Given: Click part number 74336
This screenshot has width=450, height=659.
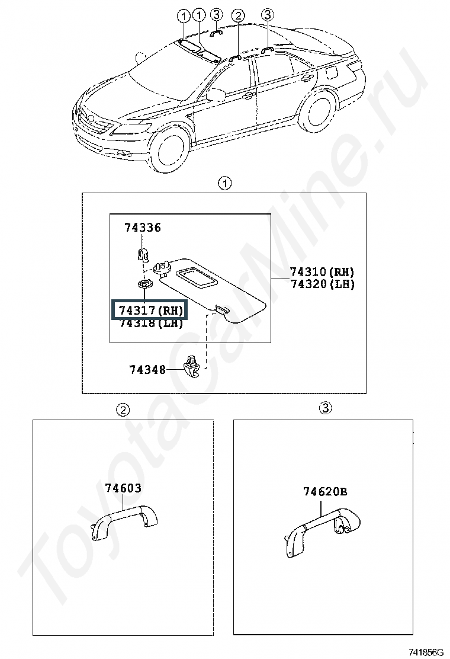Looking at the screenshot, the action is [142, 228].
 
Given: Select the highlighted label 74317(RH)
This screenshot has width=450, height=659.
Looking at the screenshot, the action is [149, 311].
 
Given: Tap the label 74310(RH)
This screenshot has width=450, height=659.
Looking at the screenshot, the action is [322, 271].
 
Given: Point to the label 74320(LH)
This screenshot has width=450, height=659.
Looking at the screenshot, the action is [322, 284].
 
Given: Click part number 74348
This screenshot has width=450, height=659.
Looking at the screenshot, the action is [147, 370].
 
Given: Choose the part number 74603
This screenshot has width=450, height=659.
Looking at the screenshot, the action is [123, 488].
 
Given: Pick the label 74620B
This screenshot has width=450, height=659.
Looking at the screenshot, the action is [325, 491].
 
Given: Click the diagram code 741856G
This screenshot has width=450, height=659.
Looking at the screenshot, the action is [426, 652].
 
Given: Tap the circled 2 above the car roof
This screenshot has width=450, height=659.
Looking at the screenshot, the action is [238, 16].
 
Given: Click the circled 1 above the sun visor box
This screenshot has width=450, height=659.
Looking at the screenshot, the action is [225, 184].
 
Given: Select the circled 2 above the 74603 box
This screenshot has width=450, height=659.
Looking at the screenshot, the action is [123, 410].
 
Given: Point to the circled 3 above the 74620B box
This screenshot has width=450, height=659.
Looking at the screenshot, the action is [325, 407].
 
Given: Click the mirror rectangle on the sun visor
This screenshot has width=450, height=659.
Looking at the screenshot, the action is [197, 278].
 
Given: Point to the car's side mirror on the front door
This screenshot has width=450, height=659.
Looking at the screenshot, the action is [216, 95].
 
